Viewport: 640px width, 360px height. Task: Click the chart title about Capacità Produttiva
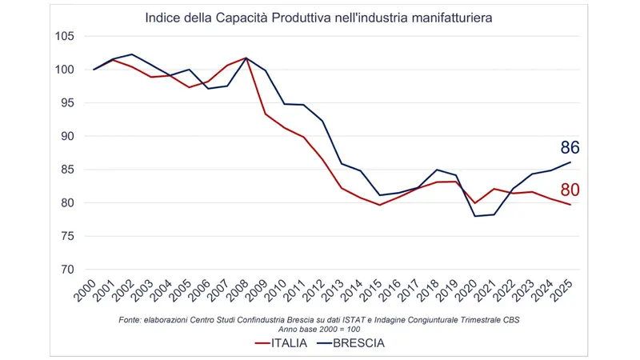(319, 17)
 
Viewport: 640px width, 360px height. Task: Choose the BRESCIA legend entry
(353, 343)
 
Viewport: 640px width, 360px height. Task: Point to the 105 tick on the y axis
(64, 37)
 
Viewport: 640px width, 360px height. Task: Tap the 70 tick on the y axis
(67, 270)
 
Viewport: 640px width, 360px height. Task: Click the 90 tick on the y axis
(67, 137)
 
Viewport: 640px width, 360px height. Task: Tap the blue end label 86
(570, 148)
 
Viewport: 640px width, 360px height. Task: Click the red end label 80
(570, 190)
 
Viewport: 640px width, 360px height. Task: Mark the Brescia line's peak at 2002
(133, 54)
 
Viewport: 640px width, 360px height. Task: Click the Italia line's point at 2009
(265, 114)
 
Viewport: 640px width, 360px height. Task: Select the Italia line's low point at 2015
(381, 205)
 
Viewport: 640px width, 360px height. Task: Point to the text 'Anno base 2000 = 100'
(319, 329)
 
